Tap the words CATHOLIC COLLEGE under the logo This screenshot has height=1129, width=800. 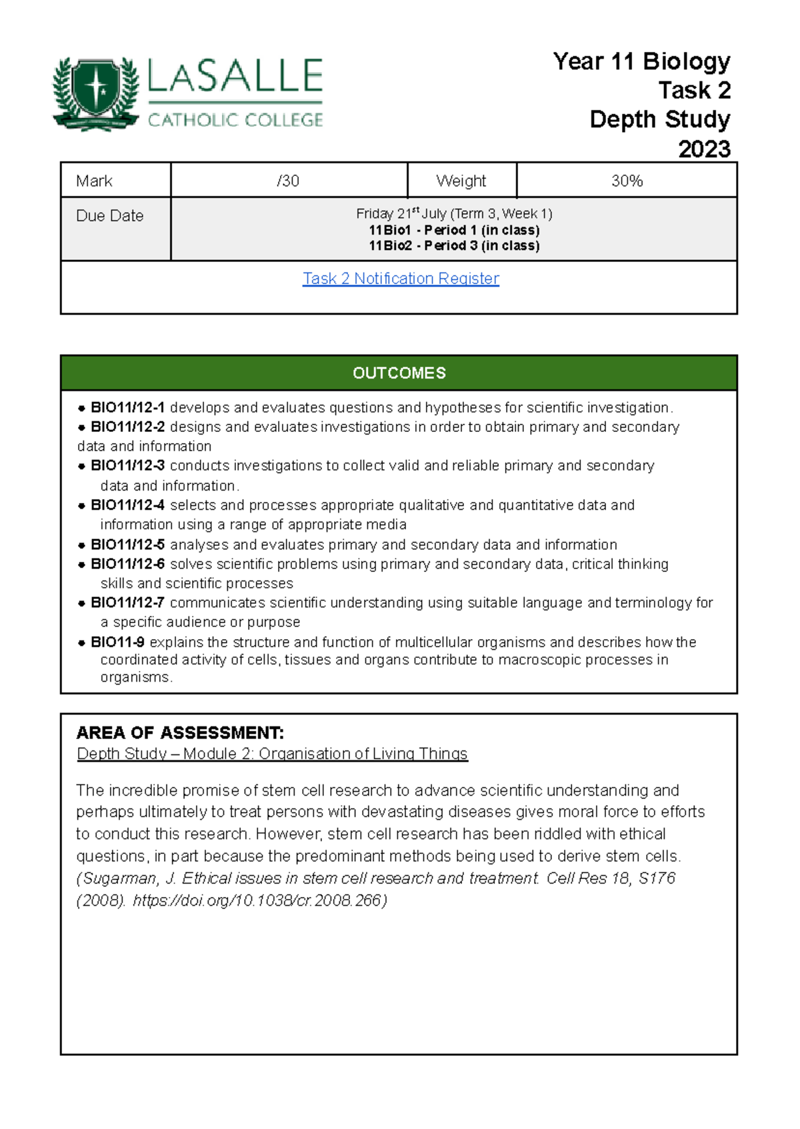pyautogui.click(x=235, y=120)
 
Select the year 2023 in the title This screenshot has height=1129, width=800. pyautogui.click(x=704, y=149)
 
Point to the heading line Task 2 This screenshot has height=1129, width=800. pyautogui.click(x=694, y=90)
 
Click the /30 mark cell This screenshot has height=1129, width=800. pyautogui.click(x=288, y=181)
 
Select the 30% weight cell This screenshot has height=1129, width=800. pyautogui.click(x=627, y=181)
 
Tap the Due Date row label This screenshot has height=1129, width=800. pyautogui.click(x=110, y=216)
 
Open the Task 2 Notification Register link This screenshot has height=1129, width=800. pyautogui.click(x=401, y=279)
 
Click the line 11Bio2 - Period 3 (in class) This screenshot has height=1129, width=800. pyautogui.click(x=454, y=246)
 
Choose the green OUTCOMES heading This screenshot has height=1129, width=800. pyautogui.click(x=399, y=373)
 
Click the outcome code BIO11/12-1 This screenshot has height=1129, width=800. pyautogui.click(x=127, y=407)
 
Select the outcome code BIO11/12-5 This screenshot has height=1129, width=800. pyautogui.click(x=127, y=545)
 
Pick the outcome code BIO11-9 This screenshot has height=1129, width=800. pyautogui.click(x=117, y=642)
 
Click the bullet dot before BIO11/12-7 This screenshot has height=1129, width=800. pyautogui.click(x=81, y=604)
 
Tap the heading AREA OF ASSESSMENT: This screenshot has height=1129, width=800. pyautogui.click(x=180, y=733)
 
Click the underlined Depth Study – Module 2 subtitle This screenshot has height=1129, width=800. pyautogui.click(x=272, y=754)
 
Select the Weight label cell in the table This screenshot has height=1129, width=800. pyautogui.click(x=461, y=181)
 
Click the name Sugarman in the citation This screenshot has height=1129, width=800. pyautogui.click(x=118, y=878)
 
